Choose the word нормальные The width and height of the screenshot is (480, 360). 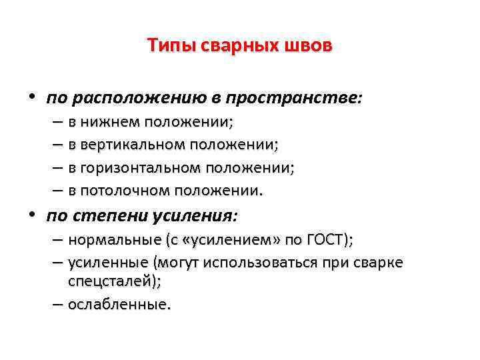pyautogui.click(x=114, y=241)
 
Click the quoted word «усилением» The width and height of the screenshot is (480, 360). pyautogui.click(x=229, y=241)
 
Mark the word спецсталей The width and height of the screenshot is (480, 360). pyautogui.click(x=113, y=282)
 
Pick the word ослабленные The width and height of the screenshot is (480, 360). pyautogui.click(x=117, y=305)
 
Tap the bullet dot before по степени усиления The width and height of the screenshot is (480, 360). pyautogui.click(x=31, y=215)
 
